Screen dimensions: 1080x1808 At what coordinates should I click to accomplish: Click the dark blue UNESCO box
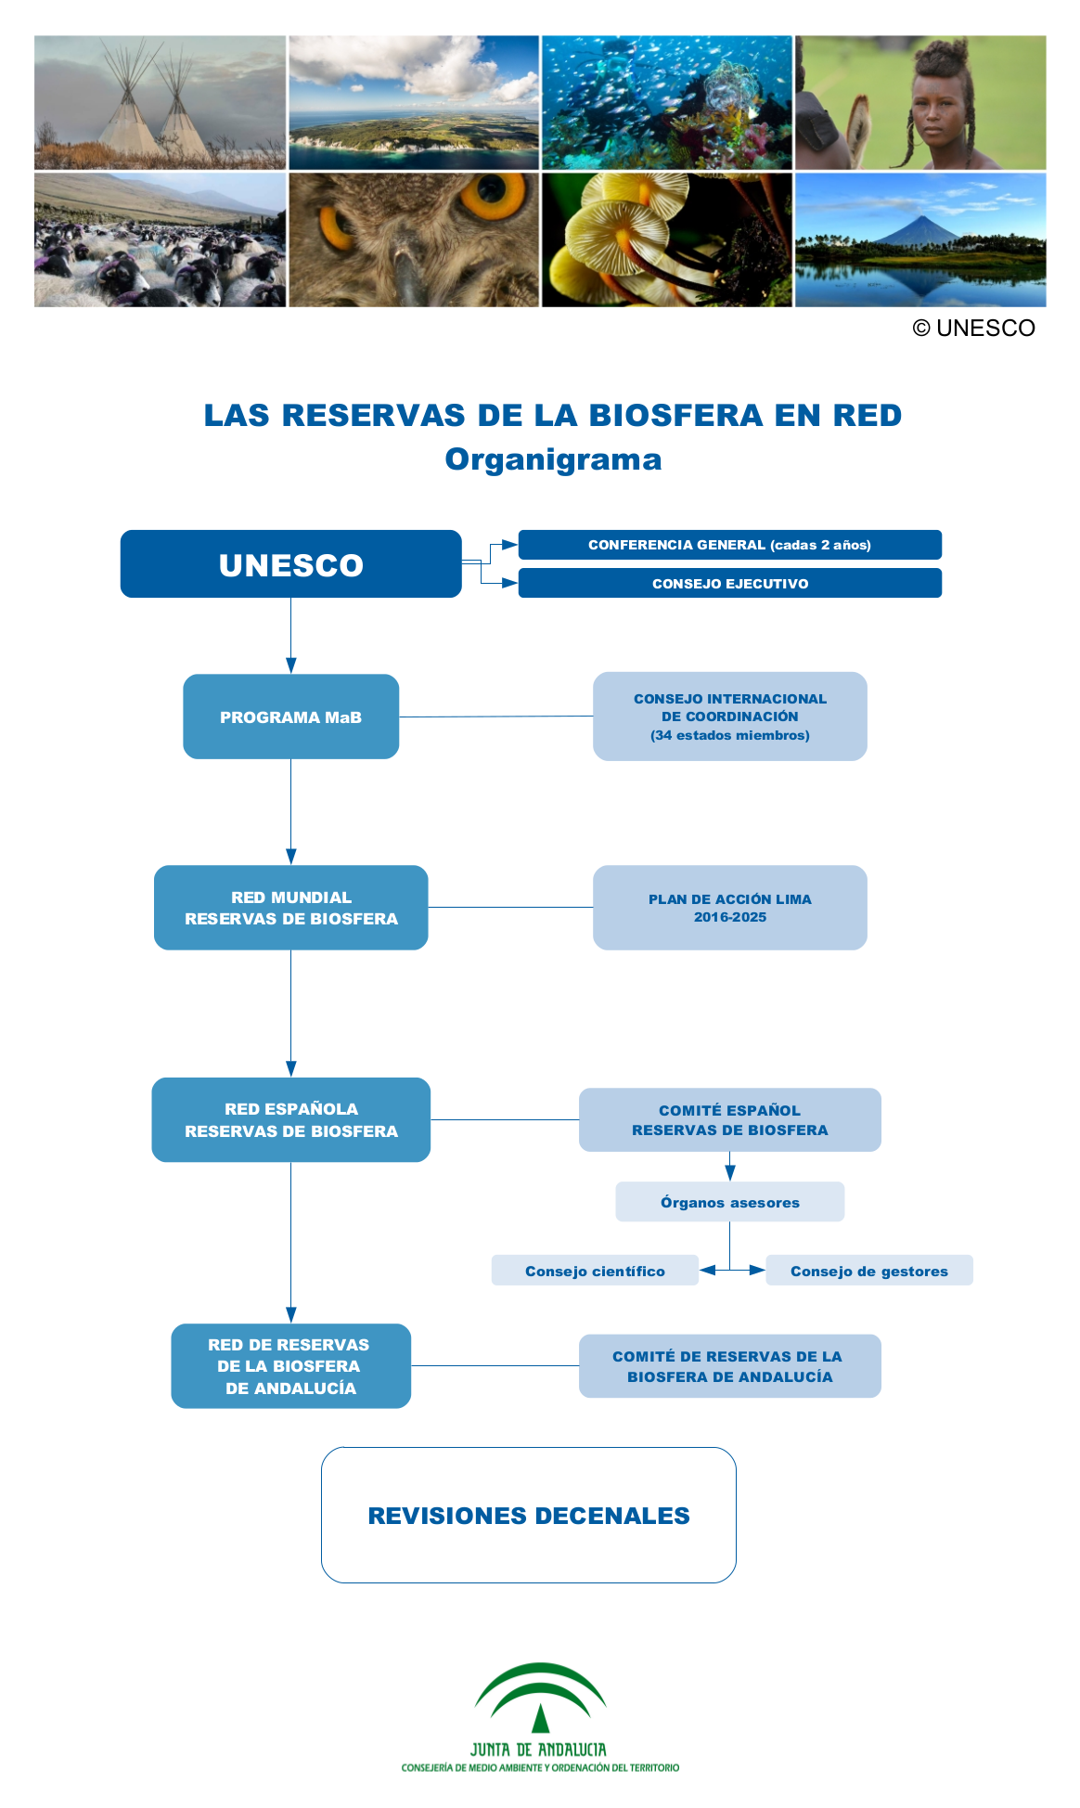point(290,563)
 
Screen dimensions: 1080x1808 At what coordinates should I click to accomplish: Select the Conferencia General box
point(729,545)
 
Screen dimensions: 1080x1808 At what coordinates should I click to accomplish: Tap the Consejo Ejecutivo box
point(729,583)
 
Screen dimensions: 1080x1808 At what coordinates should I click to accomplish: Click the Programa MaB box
point(290,717)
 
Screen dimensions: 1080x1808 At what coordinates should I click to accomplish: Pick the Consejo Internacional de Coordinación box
point(729,717)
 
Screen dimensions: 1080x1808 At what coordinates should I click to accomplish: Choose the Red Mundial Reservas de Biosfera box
point(290,908)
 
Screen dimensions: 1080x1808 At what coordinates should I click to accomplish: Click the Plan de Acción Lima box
point(729,908)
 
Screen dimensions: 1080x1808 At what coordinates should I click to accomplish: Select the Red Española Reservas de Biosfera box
point(290,1119)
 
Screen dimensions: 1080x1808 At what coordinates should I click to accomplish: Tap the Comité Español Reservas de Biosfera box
point(729,1119)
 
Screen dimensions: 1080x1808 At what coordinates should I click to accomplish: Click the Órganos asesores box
point(729,1202)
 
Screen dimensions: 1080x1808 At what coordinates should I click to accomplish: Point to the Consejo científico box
point(595,1271)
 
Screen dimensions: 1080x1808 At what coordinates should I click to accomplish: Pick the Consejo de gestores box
point(869,1271)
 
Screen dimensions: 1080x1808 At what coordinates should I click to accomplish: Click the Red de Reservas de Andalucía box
point(290,1366)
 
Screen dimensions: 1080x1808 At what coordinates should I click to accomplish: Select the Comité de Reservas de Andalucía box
point(729,1366)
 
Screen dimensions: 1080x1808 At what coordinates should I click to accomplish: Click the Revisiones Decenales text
point(529,1516)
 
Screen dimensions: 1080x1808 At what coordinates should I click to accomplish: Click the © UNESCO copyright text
point(973,328)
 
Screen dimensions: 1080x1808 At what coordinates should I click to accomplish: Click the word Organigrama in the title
point(553,459)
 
